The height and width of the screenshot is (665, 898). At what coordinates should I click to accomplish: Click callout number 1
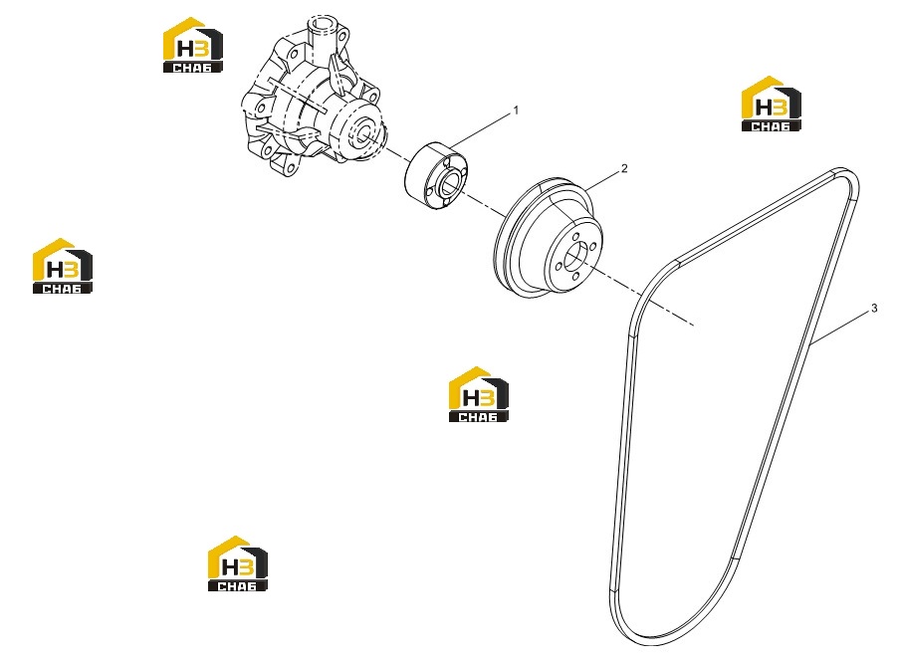[516, 110]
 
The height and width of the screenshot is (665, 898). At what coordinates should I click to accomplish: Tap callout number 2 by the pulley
[624, 168]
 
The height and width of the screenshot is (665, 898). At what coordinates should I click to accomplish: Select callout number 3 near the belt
[874, 309]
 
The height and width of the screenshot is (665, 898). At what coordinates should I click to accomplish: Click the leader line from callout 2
[601, 180]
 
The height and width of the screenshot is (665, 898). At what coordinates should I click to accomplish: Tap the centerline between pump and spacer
[394, 154]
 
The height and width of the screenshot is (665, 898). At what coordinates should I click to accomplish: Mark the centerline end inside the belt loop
[695, 326]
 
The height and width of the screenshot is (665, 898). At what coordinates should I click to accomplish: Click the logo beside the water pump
[193, 45]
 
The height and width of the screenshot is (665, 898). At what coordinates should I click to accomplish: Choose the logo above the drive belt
[771, 104]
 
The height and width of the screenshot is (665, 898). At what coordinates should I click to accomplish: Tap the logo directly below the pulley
[478, 394]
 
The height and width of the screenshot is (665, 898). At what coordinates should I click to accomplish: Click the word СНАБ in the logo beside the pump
[192, 68]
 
